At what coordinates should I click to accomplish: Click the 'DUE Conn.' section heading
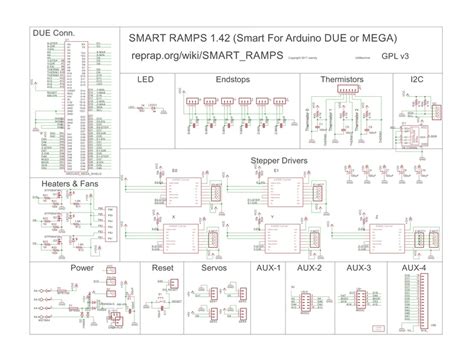(x=54, y=32)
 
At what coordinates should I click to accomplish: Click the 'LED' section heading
(x=144, y=78)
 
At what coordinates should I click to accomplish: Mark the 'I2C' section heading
(x=417, y=78)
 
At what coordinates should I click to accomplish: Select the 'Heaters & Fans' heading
(x=69, y=185)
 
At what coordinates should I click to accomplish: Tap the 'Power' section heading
(x=82, y=268)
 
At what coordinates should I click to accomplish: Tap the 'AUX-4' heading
(x=413, y=268)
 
